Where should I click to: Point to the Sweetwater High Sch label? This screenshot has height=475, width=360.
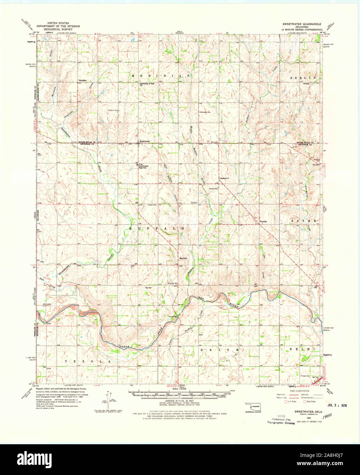145,166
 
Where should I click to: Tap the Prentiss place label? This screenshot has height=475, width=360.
263,221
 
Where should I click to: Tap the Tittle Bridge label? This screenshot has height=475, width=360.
172,316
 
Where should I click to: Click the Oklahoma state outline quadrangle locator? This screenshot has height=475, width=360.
253,407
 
